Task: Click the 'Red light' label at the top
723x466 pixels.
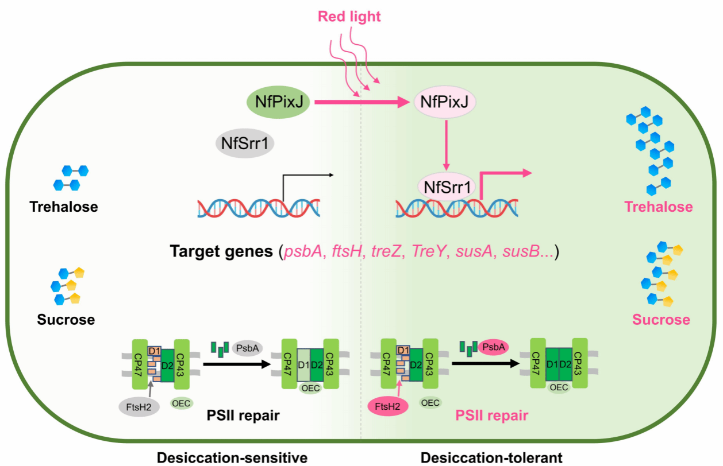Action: tap(349, 17)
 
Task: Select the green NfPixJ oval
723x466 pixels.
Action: tap(279, 103)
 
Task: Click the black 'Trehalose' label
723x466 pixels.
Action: tap(64, 207)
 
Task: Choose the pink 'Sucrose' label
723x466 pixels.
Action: tap(661, 320)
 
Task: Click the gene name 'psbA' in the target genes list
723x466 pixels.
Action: tap(301, 252)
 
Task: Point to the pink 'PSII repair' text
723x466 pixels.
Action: tap(491, 415)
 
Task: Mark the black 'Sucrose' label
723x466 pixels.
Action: tap(66, 320)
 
